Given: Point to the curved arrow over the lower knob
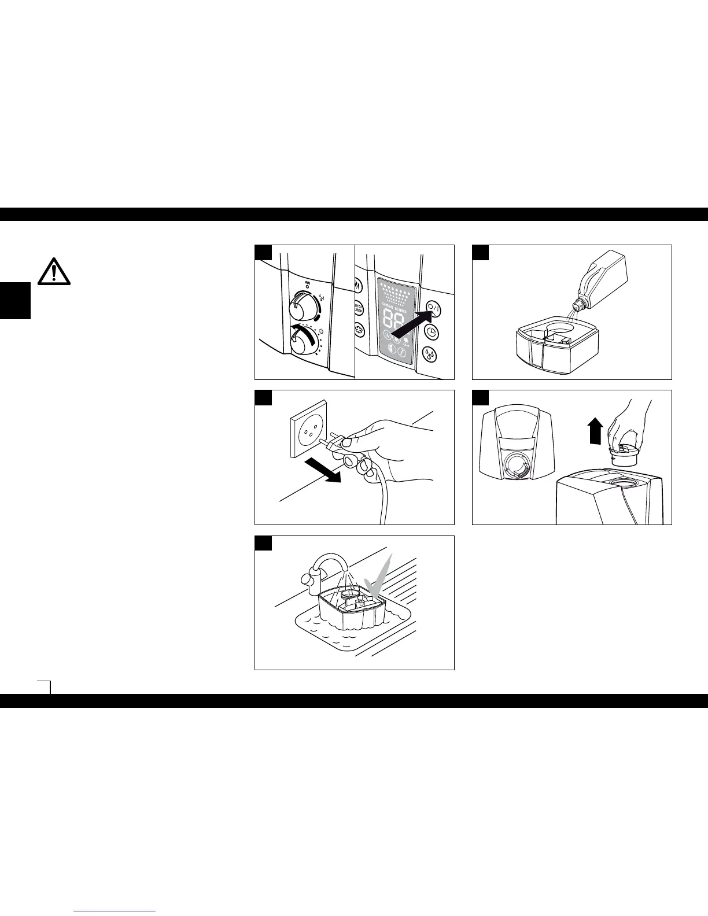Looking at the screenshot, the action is click(301, 330).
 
